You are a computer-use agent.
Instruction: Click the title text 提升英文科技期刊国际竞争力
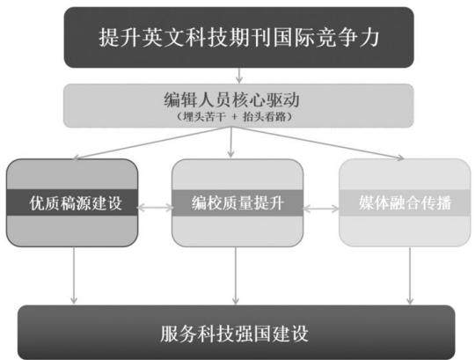(x=239, y=38)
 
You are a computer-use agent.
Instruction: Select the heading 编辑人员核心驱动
(x=231, y=99)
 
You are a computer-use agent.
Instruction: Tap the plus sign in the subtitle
(x=235, y=117)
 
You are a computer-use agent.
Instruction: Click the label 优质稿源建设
(x=76, y=202)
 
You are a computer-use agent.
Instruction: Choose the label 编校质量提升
(x=237, y=202)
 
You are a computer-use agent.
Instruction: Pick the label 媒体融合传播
(x=405, y=202)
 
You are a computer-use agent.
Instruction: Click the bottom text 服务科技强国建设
(x=234, y=334)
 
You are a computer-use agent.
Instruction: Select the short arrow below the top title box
(x=239, y=76)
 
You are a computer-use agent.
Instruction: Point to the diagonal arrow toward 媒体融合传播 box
(x=318, y=143)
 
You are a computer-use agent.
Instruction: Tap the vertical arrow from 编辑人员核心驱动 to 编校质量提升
(x=231, y=143)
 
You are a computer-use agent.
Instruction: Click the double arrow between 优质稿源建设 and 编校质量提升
(x=155, y=208)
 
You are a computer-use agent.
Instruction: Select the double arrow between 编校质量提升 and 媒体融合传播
(x=320, y=209)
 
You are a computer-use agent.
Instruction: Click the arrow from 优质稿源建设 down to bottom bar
(x=74, y=276)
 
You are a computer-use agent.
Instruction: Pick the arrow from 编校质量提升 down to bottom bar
(x=236, y=276)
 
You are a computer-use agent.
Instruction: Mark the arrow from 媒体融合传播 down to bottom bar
(x=410, y=276)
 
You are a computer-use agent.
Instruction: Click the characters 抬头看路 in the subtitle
(x=264, y=117)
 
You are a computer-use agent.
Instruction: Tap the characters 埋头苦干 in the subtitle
(x=204, y=117)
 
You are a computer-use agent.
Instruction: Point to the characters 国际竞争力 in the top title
(x=326, y=38)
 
